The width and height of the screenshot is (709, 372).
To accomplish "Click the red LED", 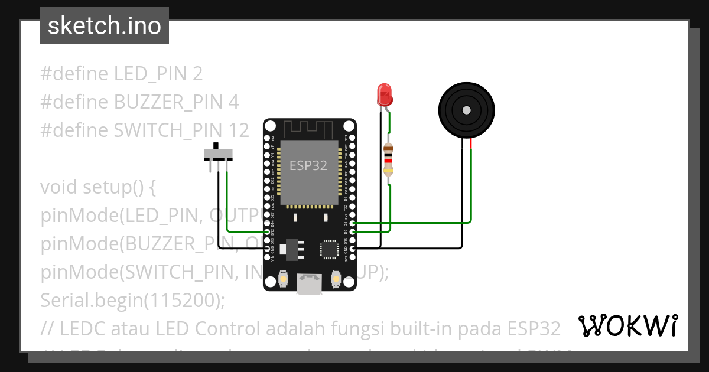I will pos(384,94).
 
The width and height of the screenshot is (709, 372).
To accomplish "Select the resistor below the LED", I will pos(388,159).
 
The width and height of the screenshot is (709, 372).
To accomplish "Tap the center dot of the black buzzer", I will pos(466,110).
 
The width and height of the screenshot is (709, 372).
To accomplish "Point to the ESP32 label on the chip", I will pos(308,165).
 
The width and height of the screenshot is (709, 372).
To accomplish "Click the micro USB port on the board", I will pos(310,285).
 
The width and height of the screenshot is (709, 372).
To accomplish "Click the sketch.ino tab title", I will pos(104,26).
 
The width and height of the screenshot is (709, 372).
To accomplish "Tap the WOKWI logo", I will pos(627,325).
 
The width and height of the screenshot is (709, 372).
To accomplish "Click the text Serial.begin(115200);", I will pos(133,301).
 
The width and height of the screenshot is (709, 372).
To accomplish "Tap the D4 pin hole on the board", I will pos(353,223).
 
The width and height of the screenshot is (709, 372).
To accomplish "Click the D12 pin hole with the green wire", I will pos(268,232).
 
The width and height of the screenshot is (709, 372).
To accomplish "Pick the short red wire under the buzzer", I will pos(471,143).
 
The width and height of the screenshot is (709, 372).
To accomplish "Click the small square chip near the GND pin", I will pos(329,249).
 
